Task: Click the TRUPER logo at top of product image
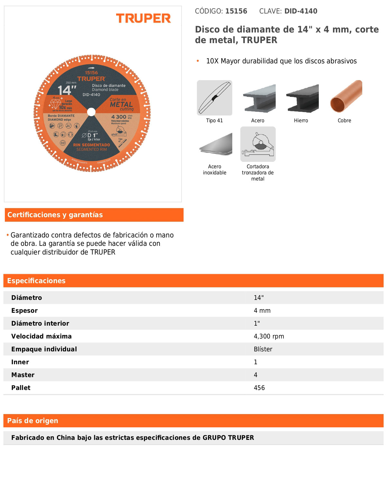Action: click(143, 18)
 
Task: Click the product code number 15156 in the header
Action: click(236, 11)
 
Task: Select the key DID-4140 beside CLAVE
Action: click(301, 11)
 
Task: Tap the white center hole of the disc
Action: click(91, 112)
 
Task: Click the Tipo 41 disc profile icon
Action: click(215, 98)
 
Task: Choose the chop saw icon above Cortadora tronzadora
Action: click(258, 144)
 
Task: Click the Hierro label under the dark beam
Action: click(301, 121)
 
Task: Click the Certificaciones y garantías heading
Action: click(55, 215)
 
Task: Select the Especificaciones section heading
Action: click(36, 281)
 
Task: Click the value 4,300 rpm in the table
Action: click(269, 337)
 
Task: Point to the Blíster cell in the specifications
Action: click(263, 349)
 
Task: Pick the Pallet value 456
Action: click(259, 388)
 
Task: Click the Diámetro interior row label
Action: click(40, 324)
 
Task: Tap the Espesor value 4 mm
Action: click(262, 311)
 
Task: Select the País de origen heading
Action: click(32, 421)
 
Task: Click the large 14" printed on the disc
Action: click(67, 90)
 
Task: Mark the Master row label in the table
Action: click(23, 375)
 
